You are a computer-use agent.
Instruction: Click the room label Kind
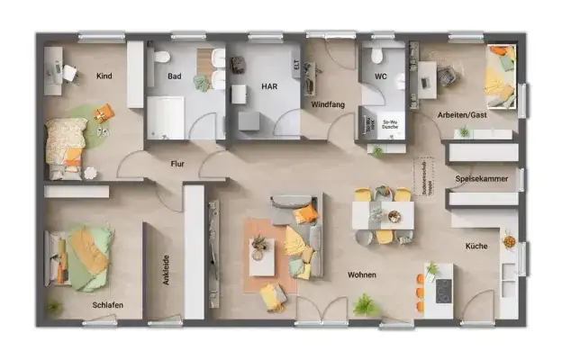(x=104, y=76)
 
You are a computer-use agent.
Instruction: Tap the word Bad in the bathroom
(x=175, y=76)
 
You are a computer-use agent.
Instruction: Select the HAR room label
(x=268, y=88)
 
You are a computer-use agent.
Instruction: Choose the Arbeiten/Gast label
(x=463, y=115)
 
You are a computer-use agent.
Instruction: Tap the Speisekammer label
(x=481, y=179)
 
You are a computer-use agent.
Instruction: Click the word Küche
(x=476, y=245)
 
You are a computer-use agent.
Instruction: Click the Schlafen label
(x=107, y=305)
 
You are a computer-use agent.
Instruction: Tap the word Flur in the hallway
(x=178, y=165)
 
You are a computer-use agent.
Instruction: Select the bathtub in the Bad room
(x=165, y=117)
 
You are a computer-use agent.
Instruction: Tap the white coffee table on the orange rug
(x=262, y=256)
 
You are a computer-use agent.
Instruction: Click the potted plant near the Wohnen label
(x=365, y=304)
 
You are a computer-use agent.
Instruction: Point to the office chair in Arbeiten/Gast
(x=447, y=76)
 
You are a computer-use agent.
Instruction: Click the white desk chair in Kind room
(x=68, y=72)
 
